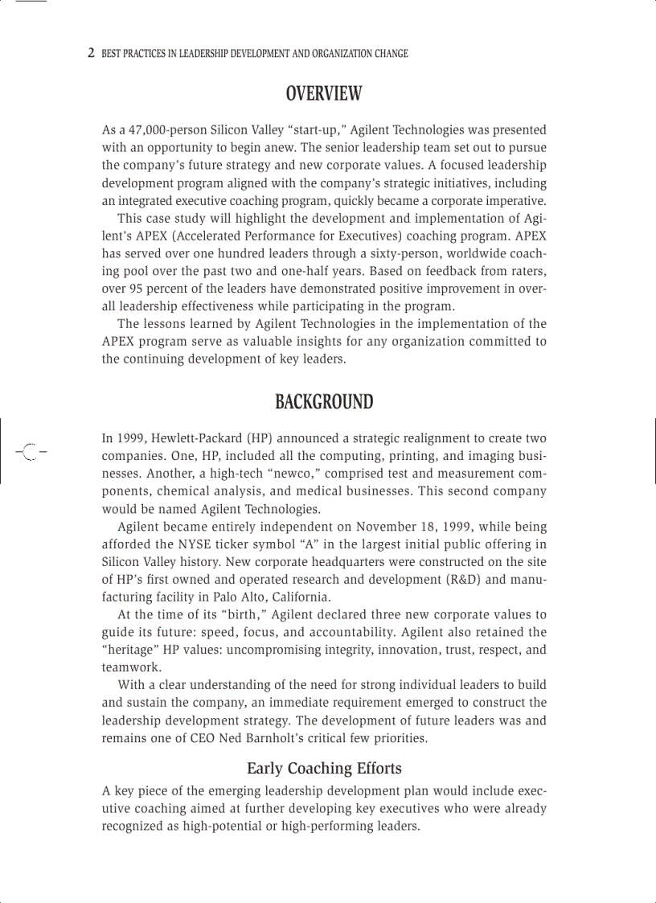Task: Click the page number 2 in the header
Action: click(x=91, y=53)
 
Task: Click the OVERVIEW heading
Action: click(x=324, y=94)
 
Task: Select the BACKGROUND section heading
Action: click(x=324, y=402)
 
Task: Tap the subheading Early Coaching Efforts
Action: click(x=324, y=768)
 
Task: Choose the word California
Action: click(x=301, y=597)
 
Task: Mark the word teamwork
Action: click(x=130, y=667)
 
